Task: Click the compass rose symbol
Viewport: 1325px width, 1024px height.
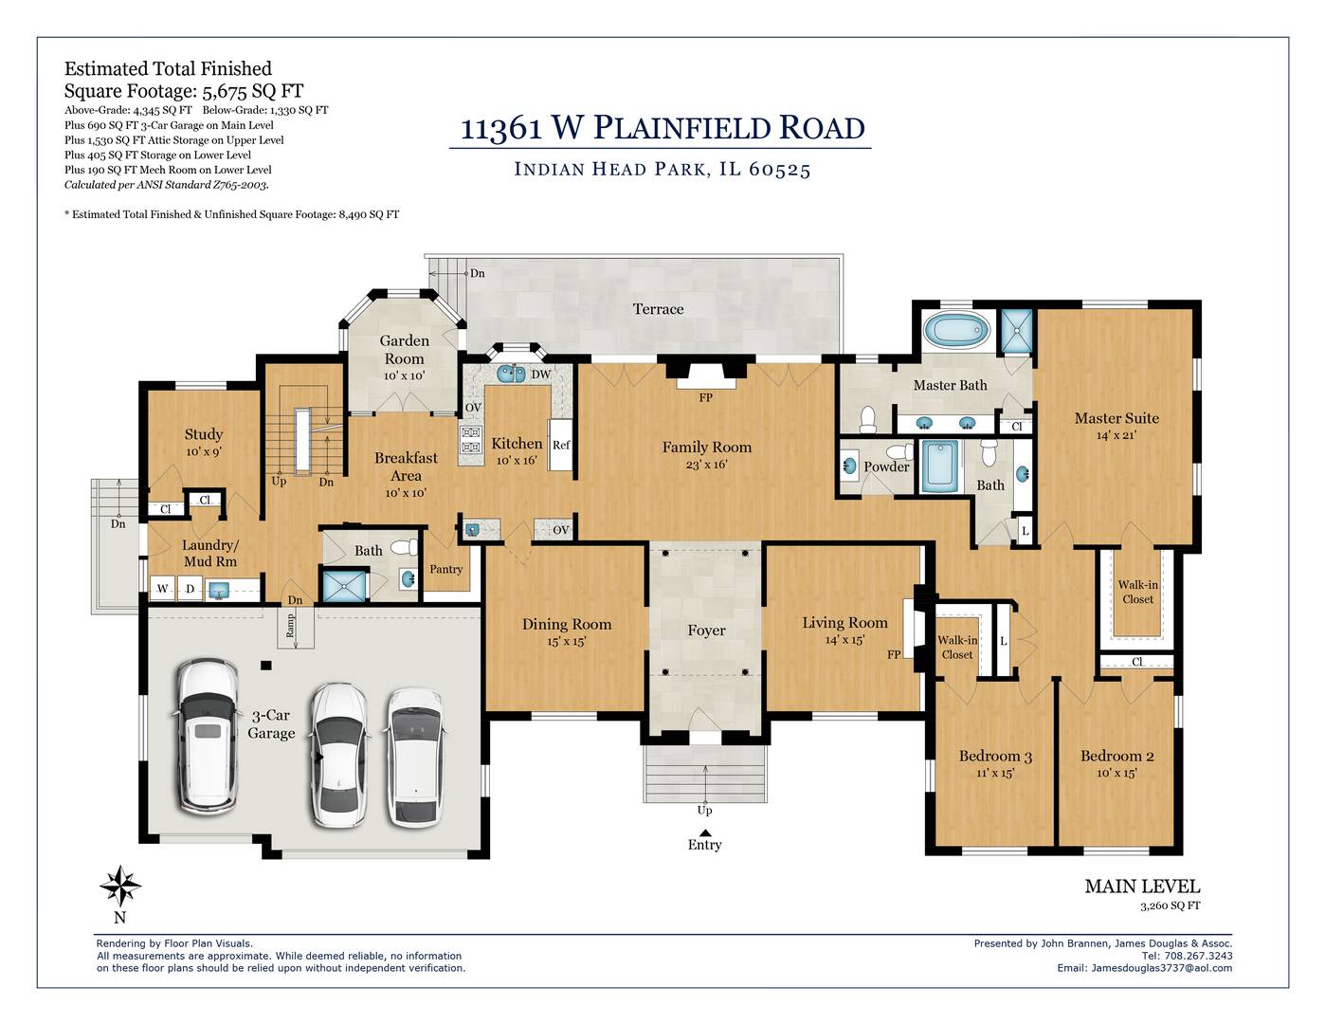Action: point(120,887)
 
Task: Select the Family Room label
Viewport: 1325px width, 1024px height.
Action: point(707,447)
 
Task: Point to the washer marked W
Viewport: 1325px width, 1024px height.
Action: point(163,589)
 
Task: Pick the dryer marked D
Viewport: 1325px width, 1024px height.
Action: point(191,589)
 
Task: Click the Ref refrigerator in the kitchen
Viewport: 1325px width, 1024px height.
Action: point(561,445)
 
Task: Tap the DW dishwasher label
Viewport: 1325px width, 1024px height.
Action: point(540,375)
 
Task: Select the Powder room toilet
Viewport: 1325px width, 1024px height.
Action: point(900,452)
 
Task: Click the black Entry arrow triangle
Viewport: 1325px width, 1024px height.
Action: point(705,832)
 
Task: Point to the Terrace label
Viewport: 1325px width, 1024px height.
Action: point(658,309)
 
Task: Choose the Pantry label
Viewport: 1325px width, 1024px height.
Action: point(445,569)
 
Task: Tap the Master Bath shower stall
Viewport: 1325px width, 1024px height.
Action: point(1017,331)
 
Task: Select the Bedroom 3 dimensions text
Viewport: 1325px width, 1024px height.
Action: point(994,772)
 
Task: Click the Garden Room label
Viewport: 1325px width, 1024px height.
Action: point(405,350)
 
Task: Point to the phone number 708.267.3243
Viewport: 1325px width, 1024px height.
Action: point(1198,956)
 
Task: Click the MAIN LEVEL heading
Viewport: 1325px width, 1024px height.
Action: point(1142,887)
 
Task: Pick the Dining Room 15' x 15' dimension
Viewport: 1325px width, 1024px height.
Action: point(567,641)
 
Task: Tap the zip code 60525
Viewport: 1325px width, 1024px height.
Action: point(779,169)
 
